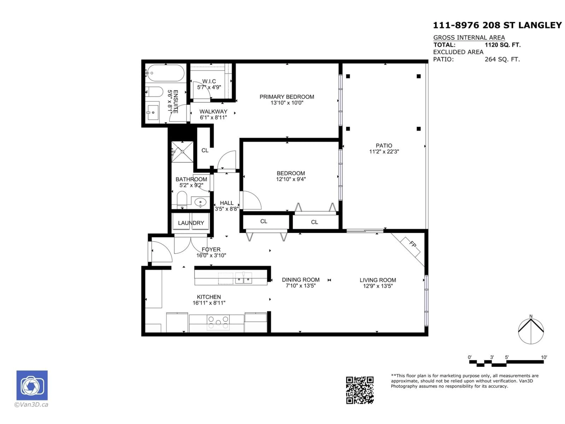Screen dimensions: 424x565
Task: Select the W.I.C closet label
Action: pos(209,81)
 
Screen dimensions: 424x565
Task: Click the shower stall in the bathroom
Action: pos(182,152)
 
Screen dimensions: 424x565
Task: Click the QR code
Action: pos(360,390)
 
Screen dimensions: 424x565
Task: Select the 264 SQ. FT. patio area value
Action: pos(502,59)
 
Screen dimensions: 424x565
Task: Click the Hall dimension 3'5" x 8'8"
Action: pos(227,209)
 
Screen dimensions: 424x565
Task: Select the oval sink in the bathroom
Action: pos(200,203)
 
